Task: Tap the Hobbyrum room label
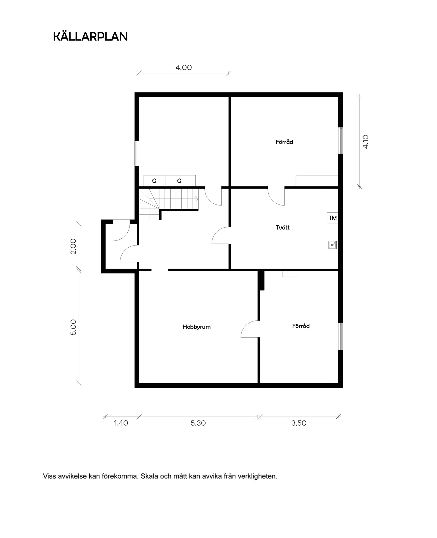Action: pyautogui.click(x=197, y=327)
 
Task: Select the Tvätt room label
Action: pyautogui.click(x=283, y=228)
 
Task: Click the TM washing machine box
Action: pyautogui.click(x=333, y=218)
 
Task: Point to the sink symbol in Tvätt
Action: pyautogui.click(x=332, y=245)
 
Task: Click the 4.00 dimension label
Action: pyautogui.click(x=184, y=67)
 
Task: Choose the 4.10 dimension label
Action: pyautogui.click(x=365, y=142)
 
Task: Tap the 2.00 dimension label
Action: pyautogui.click(x=73, y=246)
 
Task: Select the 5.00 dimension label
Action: pyautogui.click(x=73, y=327)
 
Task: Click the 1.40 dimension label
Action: pyautogui.click(x=121, y=423)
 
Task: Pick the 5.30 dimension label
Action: pyautogui.click(x=198, y=423)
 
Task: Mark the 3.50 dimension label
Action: pyautogui.click(x=299, y=423)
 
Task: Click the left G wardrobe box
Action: pyautogui.click(x=154, y=181)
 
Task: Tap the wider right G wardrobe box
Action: pyautogui.click(x=180, y=181)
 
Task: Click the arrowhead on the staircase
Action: pyautogui.click(x=197, y=198)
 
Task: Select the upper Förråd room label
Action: pyautogui.click(x=284, y=142)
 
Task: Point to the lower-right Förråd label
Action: pyautogui.click(x=301, y=326)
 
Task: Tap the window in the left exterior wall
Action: pyautogui.click(x=137, y=154)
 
